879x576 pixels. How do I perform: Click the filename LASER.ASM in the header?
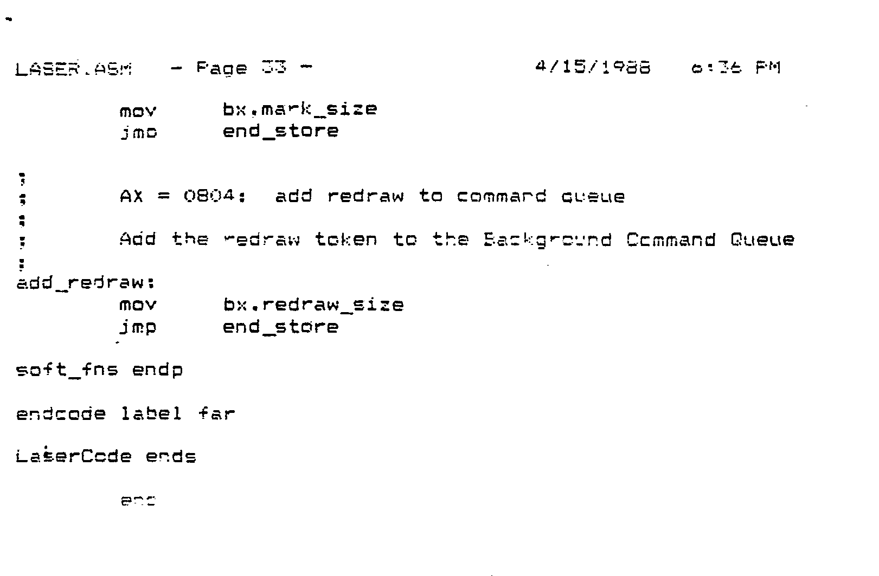(74, 69)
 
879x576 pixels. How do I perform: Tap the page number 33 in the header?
(274, 67)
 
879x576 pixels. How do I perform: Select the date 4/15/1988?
(592, 67)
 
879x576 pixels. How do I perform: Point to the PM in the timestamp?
(768, 68)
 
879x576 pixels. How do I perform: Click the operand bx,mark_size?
(299, 109)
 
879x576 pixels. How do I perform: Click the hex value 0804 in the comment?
(208, 196)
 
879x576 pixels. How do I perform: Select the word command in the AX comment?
(501, 196)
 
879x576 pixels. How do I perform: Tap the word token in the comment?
(346, 240)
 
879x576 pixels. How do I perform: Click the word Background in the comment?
(548, 240)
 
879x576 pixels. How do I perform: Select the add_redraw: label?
(86, 283)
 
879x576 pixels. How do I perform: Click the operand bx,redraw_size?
(313, 305)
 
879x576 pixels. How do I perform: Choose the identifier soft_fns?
(67, 370)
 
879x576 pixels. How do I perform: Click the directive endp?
(157, 371)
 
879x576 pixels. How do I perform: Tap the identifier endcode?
(61, 414)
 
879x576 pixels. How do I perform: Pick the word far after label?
(216, 414)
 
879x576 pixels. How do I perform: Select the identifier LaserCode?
(74, 456)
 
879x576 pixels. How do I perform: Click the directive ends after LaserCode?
(171, 457)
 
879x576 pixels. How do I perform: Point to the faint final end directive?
(138, 501)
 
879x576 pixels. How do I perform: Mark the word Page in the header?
(221, 69)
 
